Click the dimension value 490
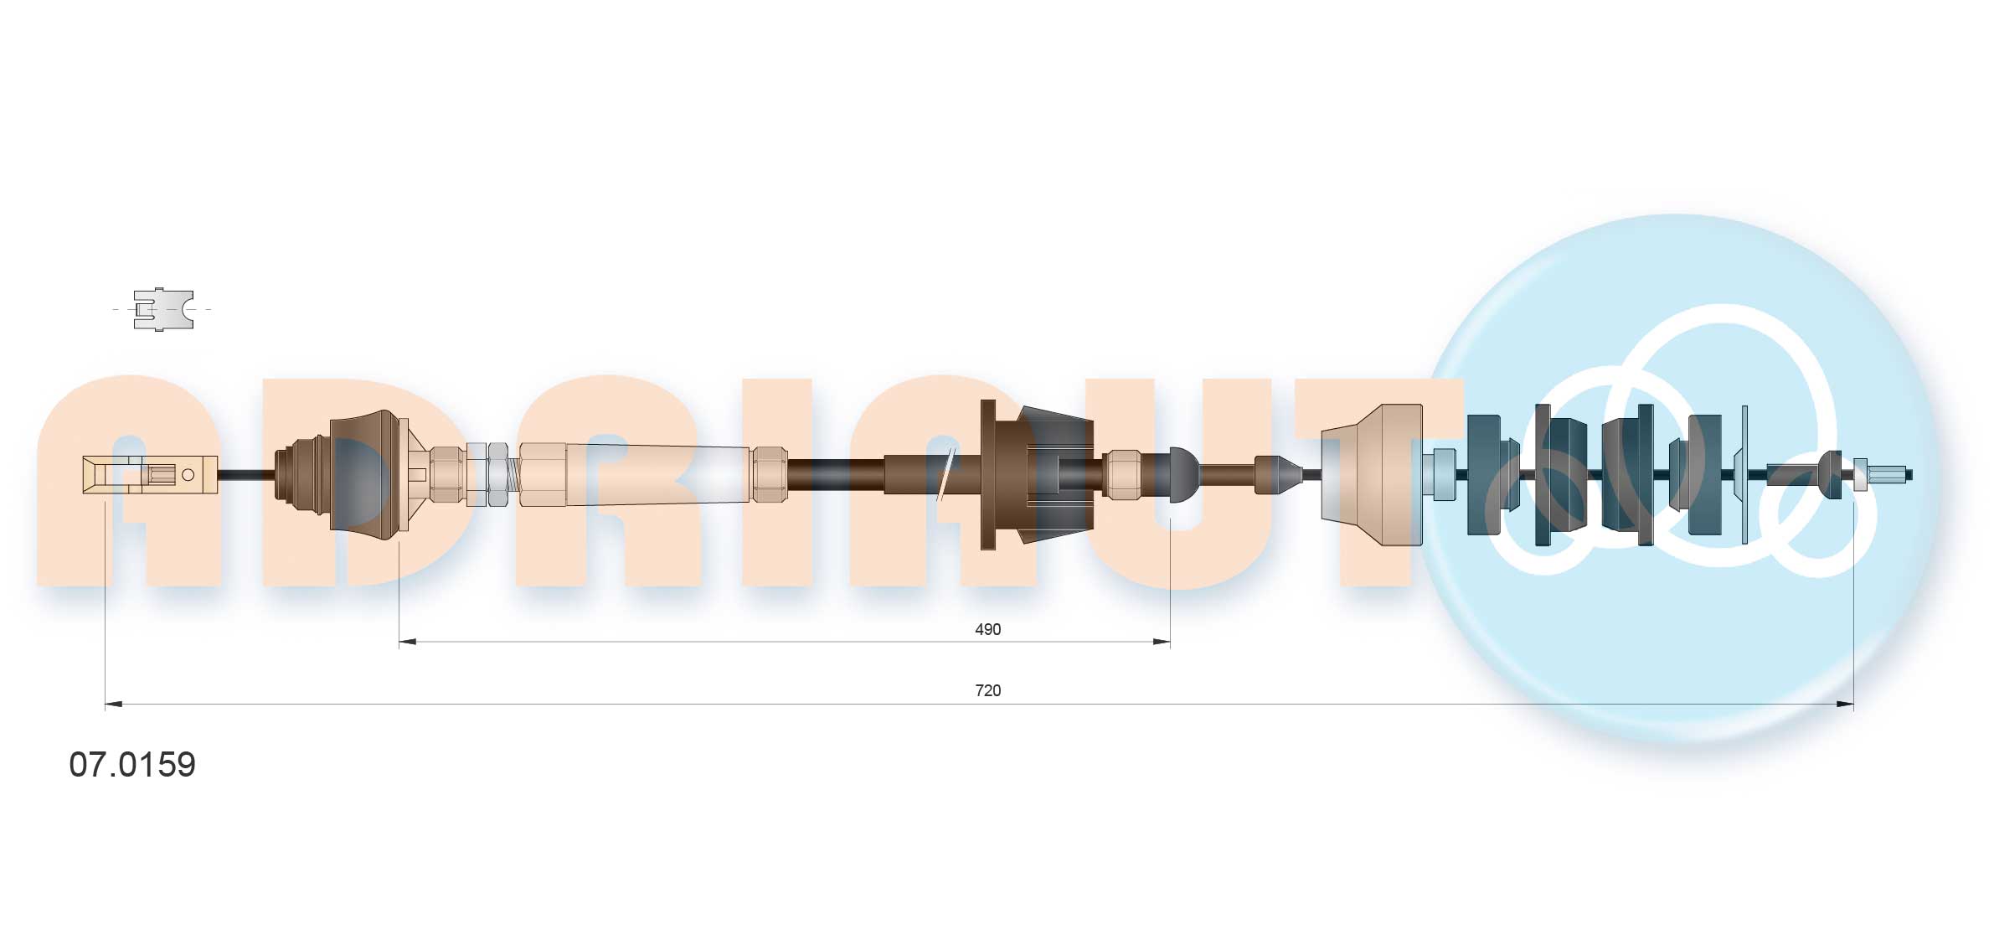[x=987, y=629]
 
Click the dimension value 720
[x=987, y=690]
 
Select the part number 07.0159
[x=132, y=765]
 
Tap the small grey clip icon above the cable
[x=163, y=309]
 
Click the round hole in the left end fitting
[x=188, y=475]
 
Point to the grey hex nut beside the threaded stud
[x=496, y=474]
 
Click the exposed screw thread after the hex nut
[x=513, y=475]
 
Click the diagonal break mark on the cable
[x=946, y=475]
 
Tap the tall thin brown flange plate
[x=987, y=474]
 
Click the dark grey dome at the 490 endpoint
[x=1182, y=474]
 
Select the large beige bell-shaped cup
[x=1373, y=474]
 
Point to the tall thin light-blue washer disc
[x=1744, y=474]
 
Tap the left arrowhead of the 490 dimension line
[x=407, y=643]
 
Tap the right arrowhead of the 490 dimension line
[x=1162, y=643]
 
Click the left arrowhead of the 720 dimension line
[x=113, y=705]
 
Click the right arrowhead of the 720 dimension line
[x=1845, y=705]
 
